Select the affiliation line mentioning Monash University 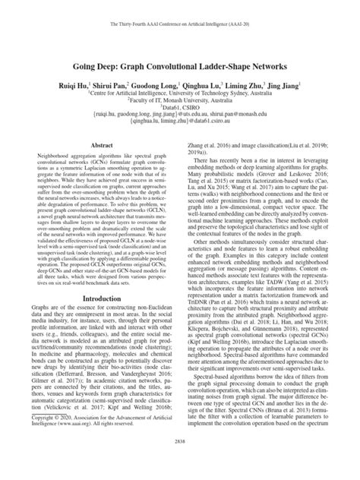179,99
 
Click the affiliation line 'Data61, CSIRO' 179,109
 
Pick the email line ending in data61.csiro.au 179,126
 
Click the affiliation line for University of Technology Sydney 179,89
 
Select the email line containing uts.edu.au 179,118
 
